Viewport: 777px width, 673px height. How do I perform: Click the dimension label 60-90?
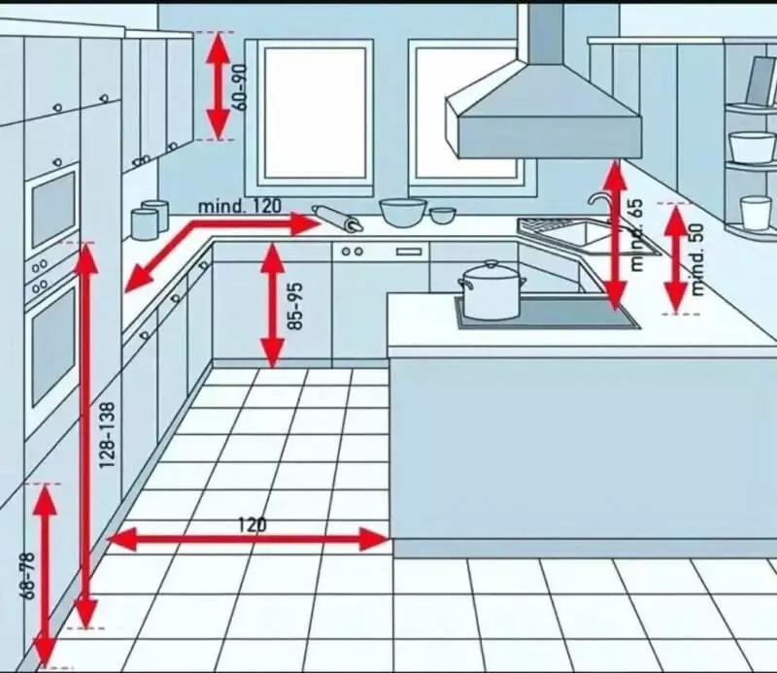click(x=240, y=87)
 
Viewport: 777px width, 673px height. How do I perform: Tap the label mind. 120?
click(x=239, y=206)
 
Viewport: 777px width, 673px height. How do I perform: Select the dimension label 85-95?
click(x=295, y=306)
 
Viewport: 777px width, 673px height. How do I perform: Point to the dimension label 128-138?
click(x=107, y=435)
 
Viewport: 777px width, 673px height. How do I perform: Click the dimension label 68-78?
click(x=29, y=575)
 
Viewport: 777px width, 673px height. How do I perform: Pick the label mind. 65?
click(x=637, y=234)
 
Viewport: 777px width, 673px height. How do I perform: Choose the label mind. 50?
click(x=697, y=259)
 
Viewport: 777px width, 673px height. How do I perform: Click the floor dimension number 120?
click(x=253, y=524)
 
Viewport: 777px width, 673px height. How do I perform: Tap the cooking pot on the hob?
click(x=491, y=290)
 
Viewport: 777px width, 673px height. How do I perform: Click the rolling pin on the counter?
click(x=337, y=219)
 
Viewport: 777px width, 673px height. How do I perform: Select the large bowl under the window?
click(x=403, y=213)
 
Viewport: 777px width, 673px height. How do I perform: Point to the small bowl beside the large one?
click(x=442, y=216)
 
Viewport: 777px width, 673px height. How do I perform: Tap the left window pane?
click(x=315, y=113)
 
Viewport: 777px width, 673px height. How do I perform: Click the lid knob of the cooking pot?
click(x=491, y=263)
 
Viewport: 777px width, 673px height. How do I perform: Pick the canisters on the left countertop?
click(x=150, y=219)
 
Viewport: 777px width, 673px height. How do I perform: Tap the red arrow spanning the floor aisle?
click(x=248, y=539)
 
